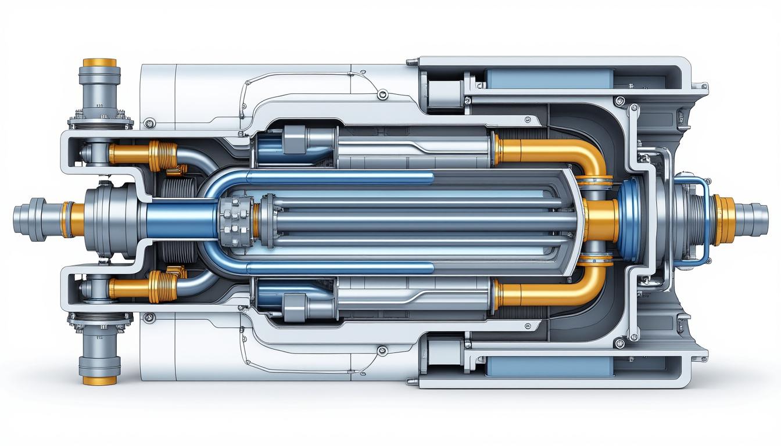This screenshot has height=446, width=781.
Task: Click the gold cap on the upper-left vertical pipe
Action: coord(99,62)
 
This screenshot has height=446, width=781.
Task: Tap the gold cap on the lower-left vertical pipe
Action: coord(99,380)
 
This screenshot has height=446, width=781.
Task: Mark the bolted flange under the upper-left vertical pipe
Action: coord(101,123)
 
